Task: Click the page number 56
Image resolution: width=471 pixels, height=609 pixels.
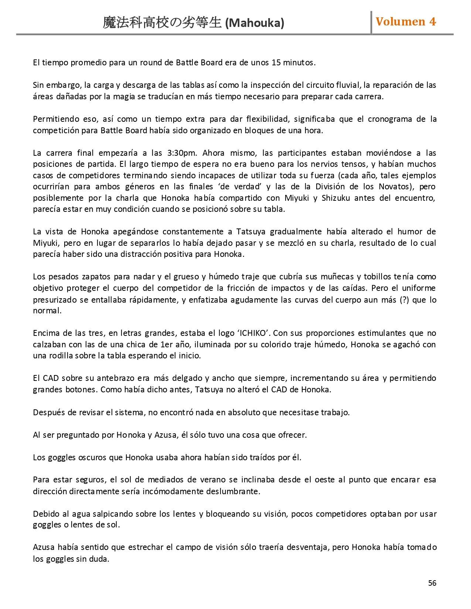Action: tap(432, 583)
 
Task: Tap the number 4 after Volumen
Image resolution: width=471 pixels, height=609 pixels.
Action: tap(432, 21)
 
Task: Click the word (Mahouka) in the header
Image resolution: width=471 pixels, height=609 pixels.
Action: tap(255, 23)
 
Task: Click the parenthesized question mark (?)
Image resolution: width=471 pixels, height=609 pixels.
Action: tap(403, 299)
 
